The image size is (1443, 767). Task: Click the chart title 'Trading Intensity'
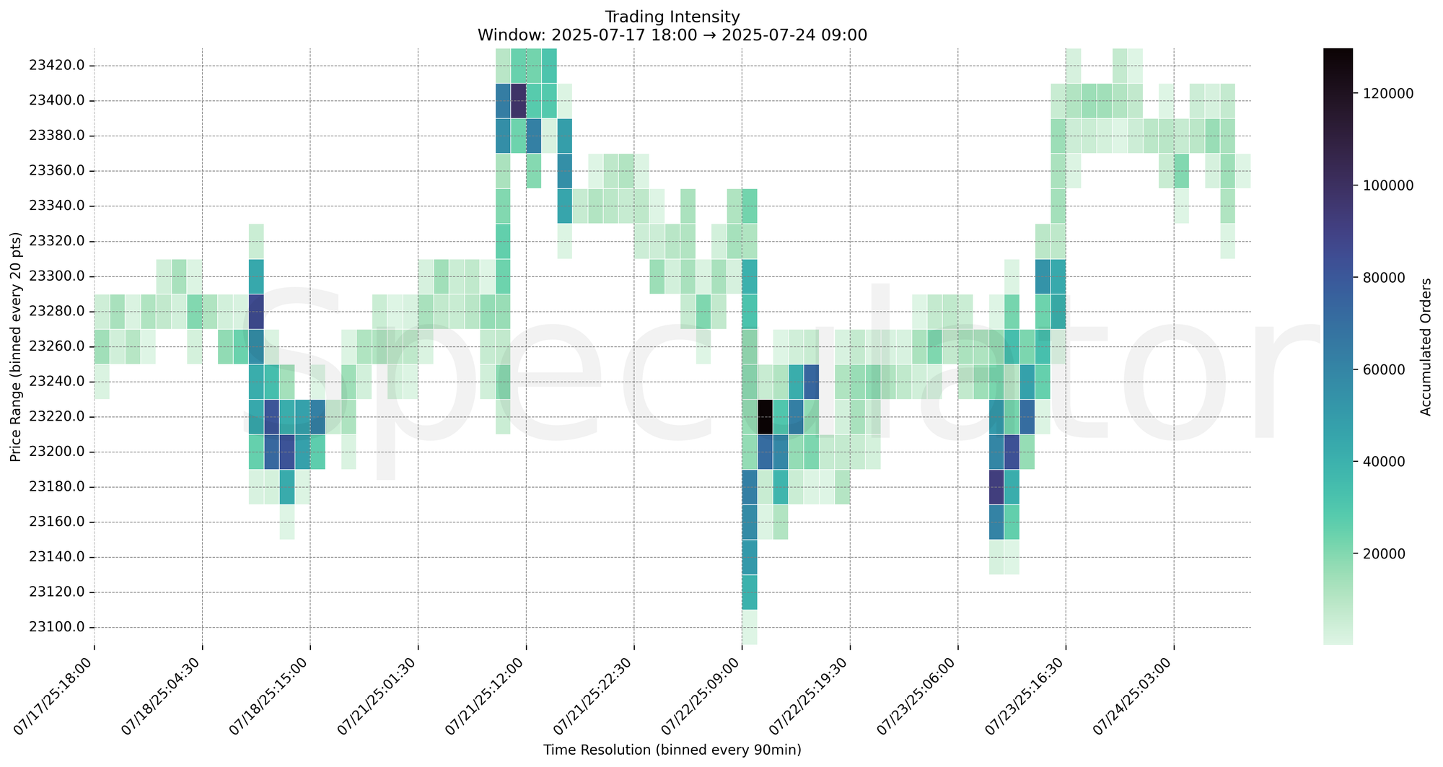tap(672, 17)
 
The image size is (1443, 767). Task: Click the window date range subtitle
tap(672, 35)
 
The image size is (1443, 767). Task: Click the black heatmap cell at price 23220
tap(766, 416)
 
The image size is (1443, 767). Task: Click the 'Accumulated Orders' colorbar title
tap(1426, 346)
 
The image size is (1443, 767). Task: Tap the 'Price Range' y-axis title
tap(16, 346)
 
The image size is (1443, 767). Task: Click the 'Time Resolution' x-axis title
tap(672, 750)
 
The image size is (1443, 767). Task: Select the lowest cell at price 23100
tap(750, 627)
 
